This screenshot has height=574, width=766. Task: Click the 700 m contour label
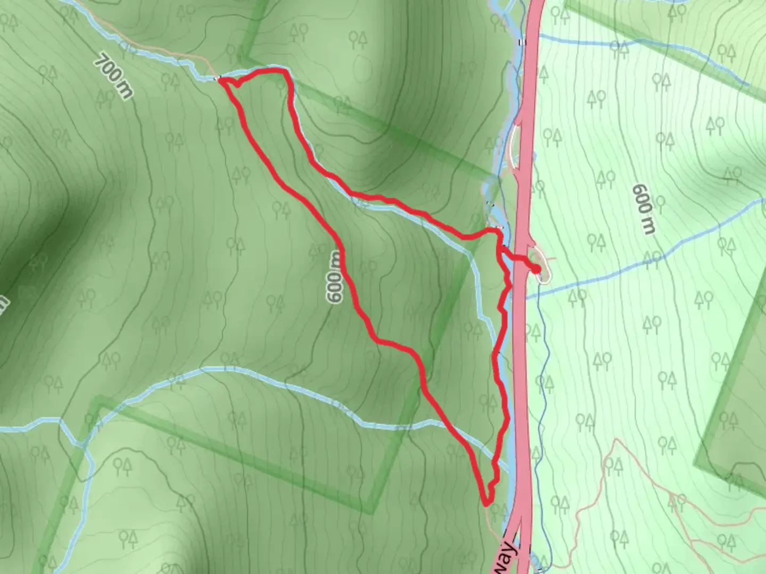(x=113, y=76)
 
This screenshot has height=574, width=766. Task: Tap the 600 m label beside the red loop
(x=335, y=277)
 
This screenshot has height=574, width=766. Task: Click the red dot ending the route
(x=536, y=270)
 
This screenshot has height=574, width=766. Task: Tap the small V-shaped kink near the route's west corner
(x=235, y=85)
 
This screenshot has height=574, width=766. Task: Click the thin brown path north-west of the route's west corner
(x=160, y=49)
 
